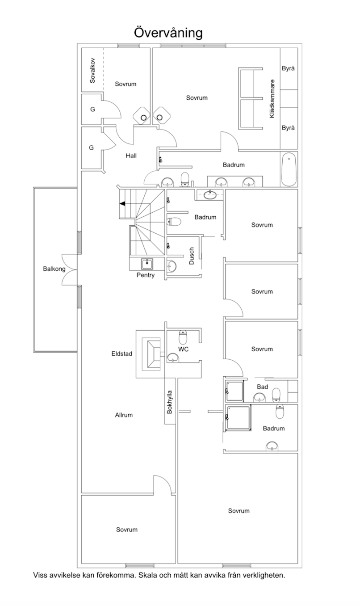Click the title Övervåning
168,33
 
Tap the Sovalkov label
92,70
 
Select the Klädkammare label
272,99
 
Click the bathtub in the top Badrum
289,169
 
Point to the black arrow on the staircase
122,203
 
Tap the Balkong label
54,269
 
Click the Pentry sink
147,264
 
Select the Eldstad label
122,353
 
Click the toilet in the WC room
183,337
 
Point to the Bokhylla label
170,402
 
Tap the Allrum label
124,415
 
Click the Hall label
131,156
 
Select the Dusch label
192,256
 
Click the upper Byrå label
289,68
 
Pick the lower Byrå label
289,128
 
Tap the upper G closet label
92,109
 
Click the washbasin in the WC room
173,358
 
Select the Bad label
262,387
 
